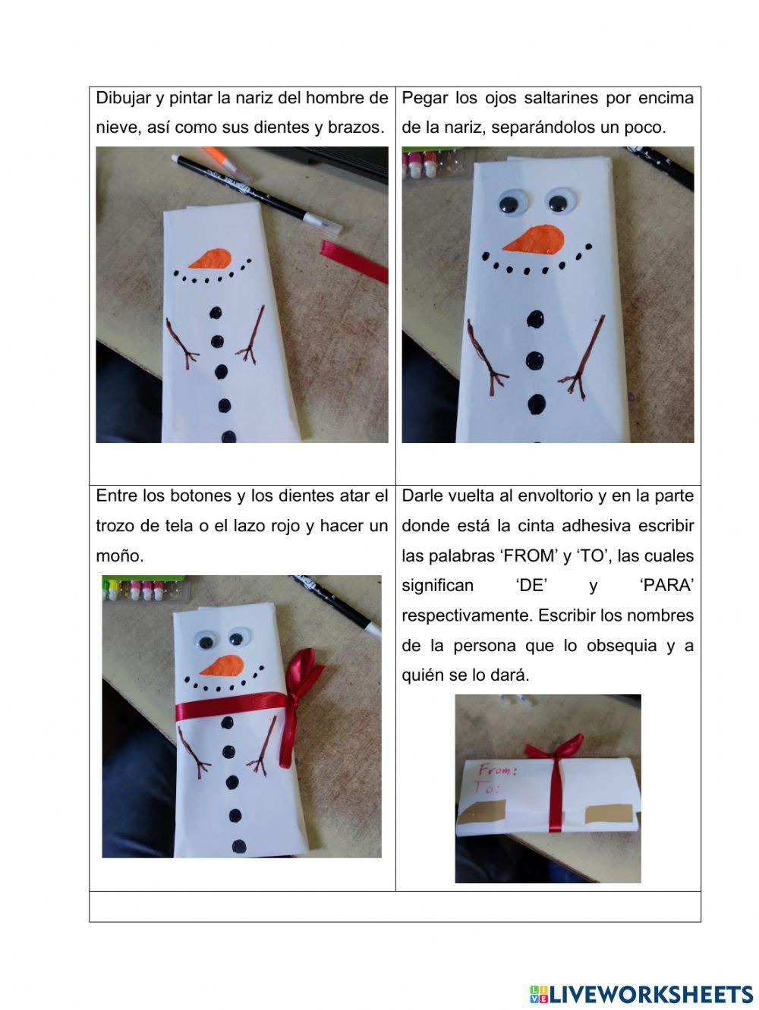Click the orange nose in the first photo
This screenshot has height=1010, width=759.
click(x=210, y=259)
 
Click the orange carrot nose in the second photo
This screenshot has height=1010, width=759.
click(x=535, y=238)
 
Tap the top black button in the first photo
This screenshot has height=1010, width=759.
click(x=216, y=313)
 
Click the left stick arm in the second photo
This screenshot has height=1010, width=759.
click(x=485, y=357)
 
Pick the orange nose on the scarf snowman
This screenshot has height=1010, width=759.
click(x=223, y=665)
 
